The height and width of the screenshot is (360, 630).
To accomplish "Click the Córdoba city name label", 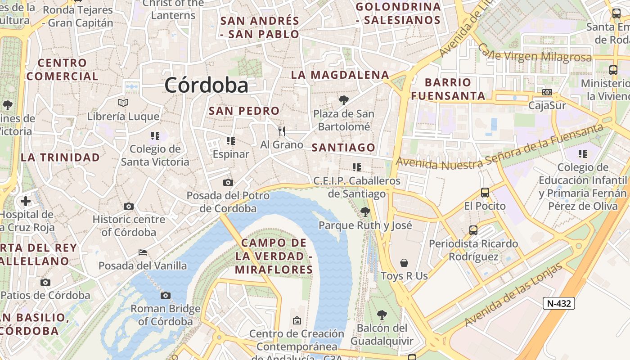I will click(x=206, y=85).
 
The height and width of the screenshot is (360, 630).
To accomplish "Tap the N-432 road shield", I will click(x=558, y=303).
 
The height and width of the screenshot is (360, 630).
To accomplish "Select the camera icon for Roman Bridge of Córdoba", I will click(x=166, y=296).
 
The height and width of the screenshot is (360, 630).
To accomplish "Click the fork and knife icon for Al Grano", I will click(x=282, y=131).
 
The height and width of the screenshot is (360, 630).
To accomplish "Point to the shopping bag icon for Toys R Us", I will click(x=404, y=263).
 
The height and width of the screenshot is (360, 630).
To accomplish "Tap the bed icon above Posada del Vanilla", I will click(x=143, y=253).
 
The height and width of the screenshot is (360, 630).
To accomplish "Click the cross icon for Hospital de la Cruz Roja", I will click(x=26, y=201).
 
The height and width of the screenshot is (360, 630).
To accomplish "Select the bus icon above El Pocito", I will click(x=485, y=193).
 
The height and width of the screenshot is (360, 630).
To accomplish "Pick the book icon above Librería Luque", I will click(x=123, y=103).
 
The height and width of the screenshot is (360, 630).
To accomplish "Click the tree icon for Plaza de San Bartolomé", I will click(x=344, y=100).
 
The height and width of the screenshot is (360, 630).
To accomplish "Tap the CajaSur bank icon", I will click(x=547, y=92).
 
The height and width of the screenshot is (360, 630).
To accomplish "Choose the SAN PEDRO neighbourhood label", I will click(x=244, y=111).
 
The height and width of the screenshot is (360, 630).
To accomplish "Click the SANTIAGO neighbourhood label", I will click(x=343, y=148).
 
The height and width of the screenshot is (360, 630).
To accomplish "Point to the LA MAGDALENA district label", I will click(x=340, y=75).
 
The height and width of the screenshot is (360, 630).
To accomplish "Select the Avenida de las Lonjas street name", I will click(x=513, y=295).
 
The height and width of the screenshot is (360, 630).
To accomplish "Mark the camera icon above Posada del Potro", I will click(x=228, y=182).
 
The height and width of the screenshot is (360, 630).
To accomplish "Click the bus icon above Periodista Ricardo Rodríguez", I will click(x=473, y=230).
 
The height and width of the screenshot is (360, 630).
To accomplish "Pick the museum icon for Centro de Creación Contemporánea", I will click(x=297, y=320).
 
